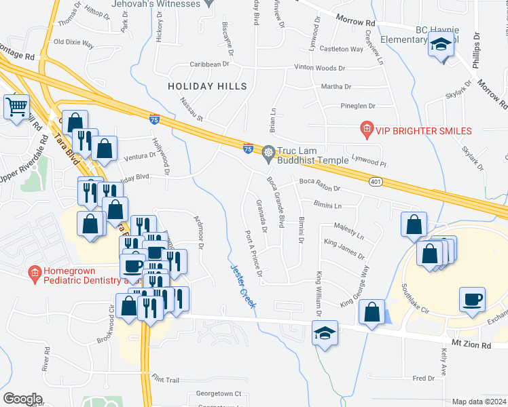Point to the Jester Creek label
click(x=242, y=287)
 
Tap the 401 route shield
click(x=376, y=182)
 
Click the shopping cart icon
click(x=16, y=106)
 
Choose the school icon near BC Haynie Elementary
click(x=441, y=46)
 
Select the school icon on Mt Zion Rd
click(x=325, y=333)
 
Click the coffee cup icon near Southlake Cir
click(x=472, y=298)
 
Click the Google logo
click(x=22, y=399)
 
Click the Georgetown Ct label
click(x=219, y=393)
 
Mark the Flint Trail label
click(x=166, y=378)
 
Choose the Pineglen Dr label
click(x=358, y=106)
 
